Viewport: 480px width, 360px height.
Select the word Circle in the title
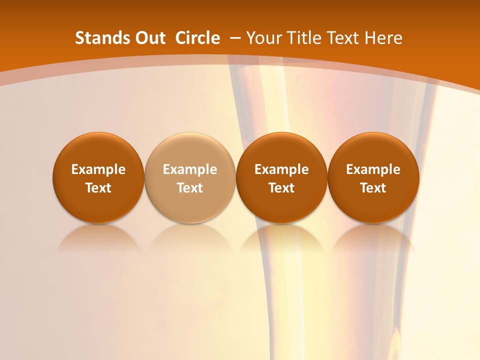point(197,38)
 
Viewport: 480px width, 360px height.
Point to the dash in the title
point(235,38)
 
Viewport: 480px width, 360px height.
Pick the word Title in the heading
point(305,38)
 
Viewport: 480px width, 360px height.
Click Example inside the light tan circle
point(190,169)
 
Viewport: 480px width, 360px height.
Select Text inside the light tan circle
point(190,188)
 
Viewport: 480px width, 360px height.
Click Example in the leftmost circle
point(98,169)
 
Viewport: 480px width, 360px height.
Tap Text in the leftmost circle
point(98,188)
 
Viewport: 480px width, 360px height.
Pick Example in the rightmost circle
point(373,169)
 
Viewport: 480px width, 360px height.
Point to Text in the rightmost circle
point(373,188)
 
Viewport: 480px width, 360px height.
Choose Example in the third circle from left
point(281,169)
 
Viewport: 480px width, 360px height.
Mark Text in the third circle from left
point(281,188)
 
